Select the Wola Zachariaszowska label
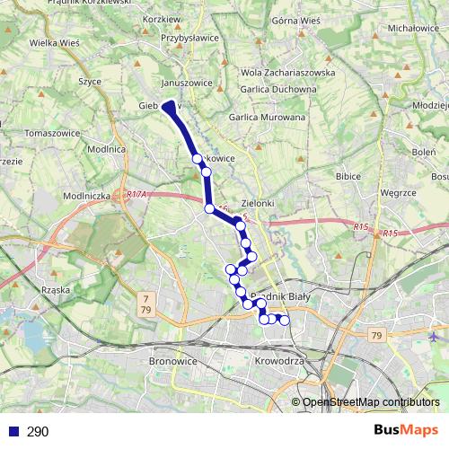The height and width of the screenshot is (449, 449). (x=288, y=73)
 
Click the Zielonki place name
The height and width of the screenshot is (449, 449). (x=258, y=204)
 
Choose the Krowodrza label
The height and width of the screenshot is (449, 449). (x=279, y=360)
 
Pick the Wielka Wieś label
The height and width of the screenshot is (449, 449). (x=55, y=41)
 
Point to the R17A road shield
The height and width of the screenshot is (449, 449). (x=136, y=194)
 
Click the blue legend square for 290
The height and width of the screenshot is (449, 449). (x=13, y=431)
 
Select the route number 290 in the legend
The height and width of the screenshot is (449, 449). (x=38, y=432)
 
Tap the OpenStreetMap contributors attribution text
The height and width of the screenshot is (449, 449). (x=370, y=402)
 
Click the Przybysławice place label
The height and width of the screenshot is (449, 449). (x=189, y=39)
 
